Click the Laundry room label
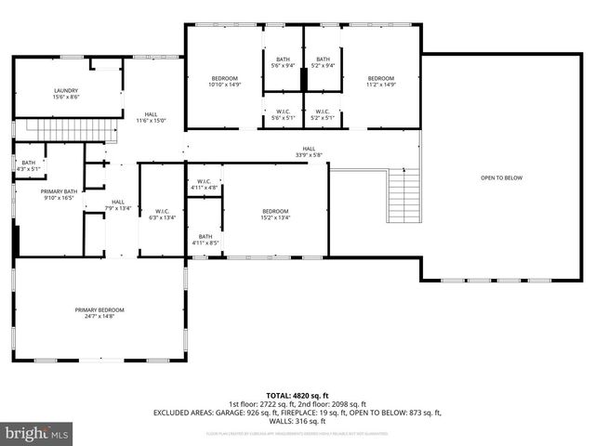tap(65, 93)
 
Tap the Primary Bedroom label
tap(99, 312)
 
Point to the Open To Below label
tap(501, 177)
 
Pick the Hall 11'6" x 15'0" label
tap(150, 117)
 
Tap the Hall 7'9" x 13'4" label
tap(118, 204)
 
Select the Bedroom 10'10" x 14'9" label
tap(225, 81)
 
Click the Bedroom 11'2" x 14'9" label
tap(381, 81)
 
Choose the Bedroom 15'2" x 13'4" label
tap(275, 215)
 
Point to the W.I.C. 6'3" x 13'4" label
tap(161, 215)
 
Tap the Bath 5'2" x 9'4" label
tap(323, 62)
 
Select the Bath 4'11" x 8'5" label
tap(205, 240)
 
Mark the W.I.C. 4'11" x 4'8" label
tap(205, 184)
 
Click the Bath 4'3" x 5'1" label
tap(29, 165)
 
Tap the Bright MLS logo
tap(37, 434)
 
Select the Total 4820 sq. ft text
tap(297, 395)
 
